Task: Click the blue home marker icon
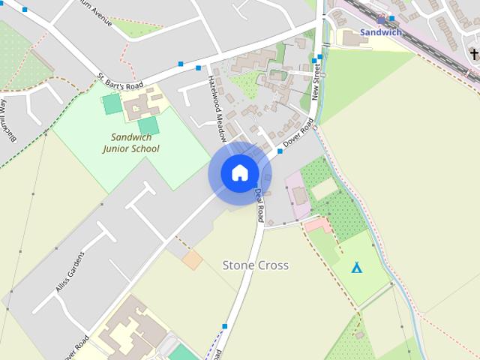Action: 239,173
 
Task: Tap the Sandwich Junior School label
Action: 131,142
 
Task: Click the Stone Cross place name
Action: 256,265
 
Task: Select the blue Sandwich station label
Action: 380,32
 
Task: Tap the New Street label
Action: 316,82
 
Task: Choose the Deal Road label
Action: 259,205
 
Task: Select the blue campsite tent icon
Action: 357,267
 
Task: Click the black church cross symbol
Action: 474,54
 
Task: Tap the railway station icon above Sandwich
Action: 380,19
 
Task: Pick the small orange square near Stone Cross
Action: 193,260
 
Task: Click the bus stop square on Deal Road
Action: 224,326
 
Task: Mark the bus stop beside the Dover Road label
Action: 280,151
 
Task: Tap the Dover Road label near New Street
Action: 298,133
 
